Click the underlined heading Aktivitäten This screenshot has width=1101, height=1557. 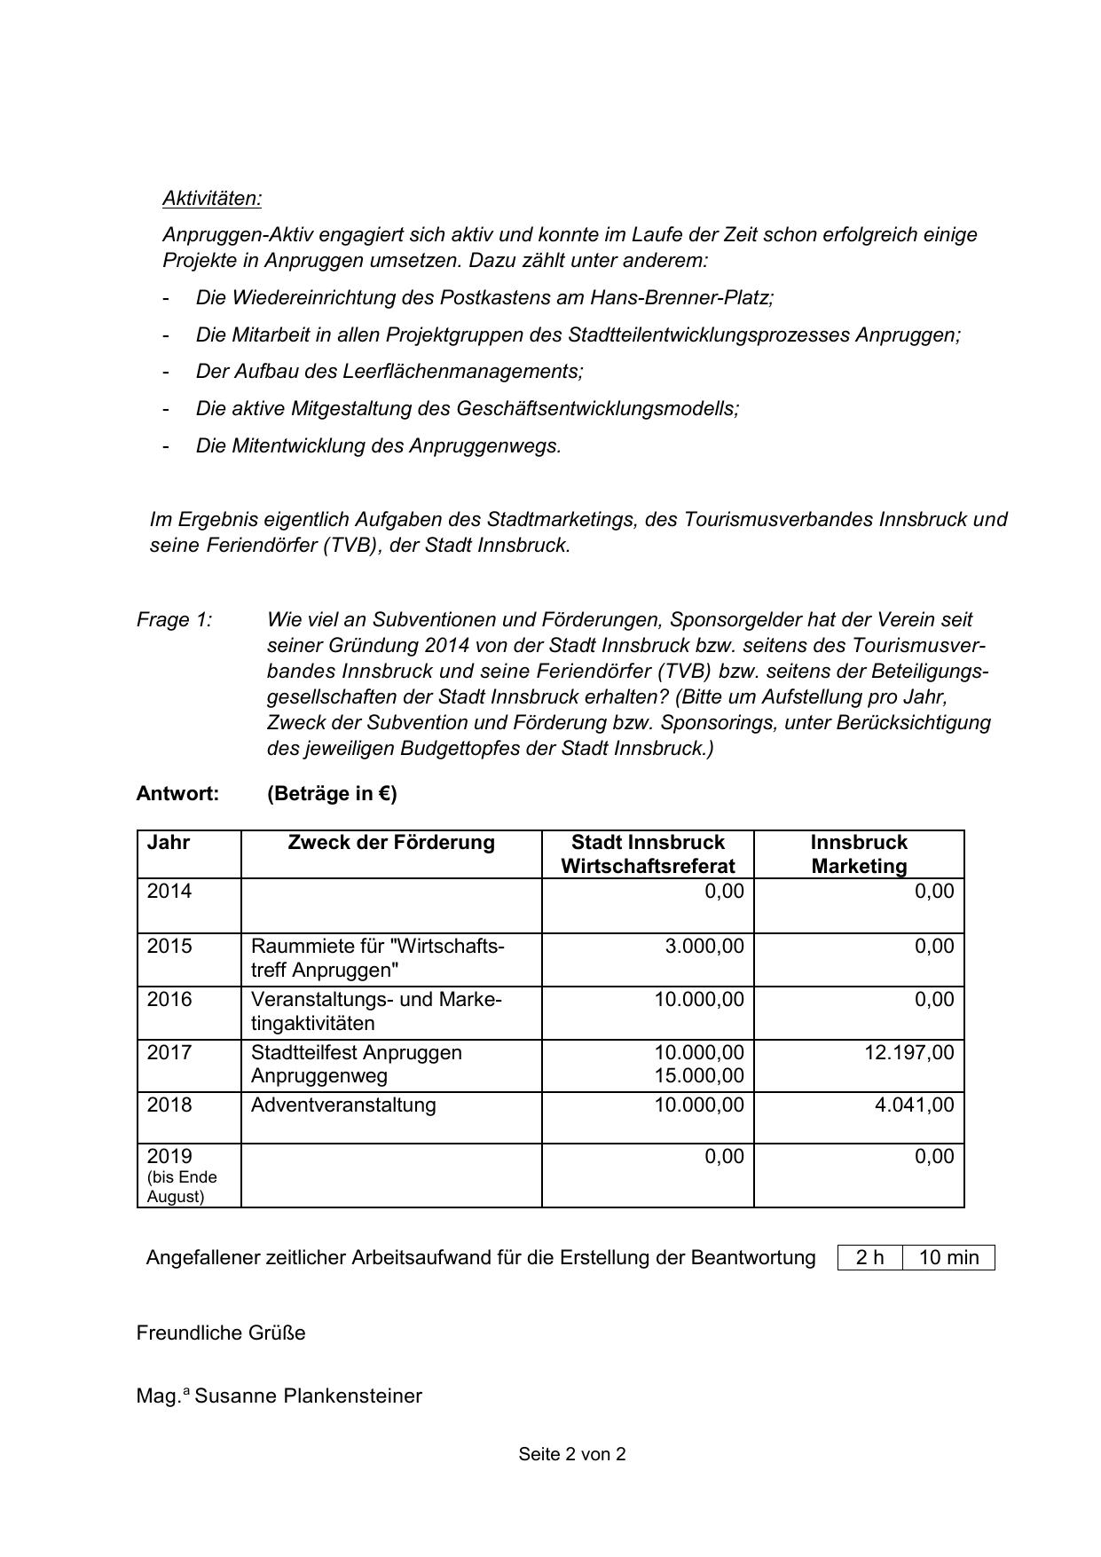[212, 198]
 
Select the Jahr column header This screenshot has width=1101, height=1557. [169, 843]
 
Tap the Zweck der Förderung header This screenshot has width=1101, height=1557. [391, 843]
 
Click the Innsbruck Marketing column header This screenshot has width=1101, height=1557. [859, 854]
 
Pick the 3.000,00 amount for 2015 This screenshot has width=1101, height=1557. [704, 947]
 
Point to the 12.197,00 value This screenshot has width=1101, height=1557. [908, 1053]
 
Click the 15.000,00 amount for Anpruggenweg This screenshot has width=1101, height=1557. [699, 1076]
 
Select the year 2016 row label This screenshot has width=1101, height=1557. [169, 1000]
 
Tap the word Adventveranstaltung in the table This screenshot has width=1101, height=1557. [343, 1105]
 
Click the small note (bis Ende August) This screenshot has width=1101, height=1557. [182, 1187]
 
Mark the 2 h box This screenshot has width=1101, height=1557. [869, 1258]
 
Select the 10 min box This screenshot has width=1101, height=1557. [948, 1258]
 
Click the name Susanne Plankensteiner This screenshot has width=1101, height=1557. [308, 1396]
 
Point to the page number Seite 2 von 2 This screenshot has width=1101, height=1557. [572, 1454]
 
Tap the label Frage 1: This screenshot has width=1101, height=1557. [175, 620]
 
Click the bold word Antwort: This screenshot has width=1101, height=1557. [177, 794]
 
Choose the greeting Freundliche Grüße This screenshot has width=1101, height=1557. [221, 1333]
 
